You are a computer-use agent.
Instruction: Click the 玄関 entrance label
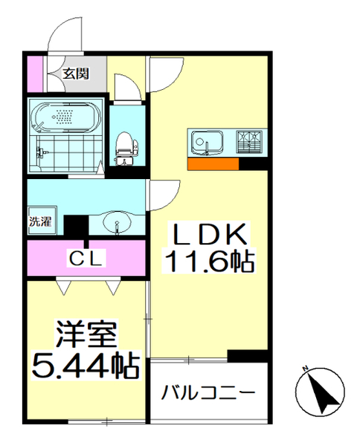click(76, 73)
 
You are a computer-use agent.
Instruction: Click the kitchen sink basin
click(203, 142)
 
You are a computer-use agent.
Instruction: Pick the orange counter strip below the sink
click(213, 164)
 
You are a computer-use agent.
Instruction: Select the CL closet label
click(88, 258)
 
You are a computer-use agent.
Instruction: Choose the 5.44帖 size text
click(83, 366)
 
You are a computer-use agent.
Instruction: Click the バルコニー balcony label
click(209, 392)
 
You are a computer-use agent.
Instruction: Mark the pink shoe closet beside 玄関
click(33, 72)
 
